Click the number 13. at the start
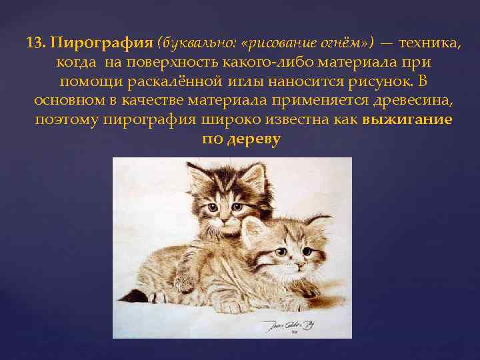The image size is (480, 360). [36, 43]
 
